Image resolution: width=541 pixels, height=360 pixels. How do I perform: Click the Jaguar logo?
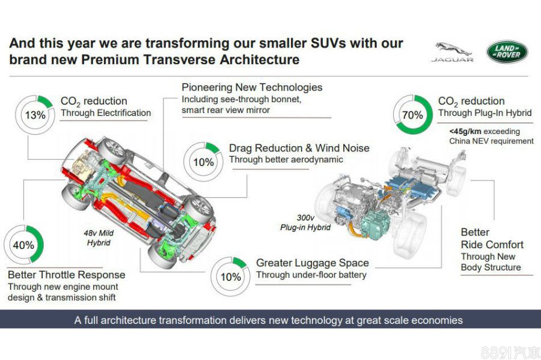point(452,52)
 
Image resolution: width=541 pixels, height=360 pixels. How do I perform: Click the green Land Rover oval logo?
point(507,52)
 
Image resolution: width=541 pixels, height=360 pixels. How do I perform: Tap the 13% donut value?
point(35,115)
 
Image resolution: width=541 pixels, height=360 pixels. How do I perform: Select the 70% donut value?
point(412,115)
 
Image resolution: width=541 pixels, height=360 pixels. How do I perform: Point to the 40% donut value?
point(23,245)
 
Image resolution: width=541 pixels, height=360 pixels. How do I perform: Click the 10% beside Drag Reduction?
point(204,162)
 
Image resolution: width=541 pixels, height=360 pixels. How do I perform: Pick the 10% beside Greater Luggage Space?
point(230,277)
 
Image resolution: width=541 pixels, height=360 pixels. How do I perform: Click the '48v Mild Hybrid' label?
point(99,238)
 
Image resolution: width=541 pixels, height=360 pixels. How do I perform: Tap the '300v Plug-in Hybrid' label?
point(305,222)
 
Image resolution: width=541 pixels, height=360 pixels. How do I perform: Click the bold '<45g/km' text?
point(465,132)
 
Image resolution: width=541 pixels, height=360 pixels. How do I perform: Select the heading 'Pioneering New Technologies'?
point(252,87)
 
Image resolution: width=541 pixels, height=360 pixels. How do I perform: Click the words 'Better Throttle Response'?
point(67,275)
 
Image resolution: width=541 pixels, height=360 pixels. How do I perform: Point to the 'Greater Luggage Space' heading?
point(312,263)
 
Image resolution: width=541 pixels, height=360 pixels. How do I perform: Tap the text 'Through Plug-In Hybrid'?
point(484,113)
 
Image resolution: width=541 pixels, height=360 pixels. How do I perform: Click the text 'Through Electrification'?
point(106,113)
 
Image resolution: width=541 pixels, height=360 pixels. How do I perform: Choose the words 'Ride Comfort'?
point(492,245)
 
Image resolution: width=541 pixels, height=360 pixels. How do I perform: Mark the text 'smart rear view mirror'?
point(225,110)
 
